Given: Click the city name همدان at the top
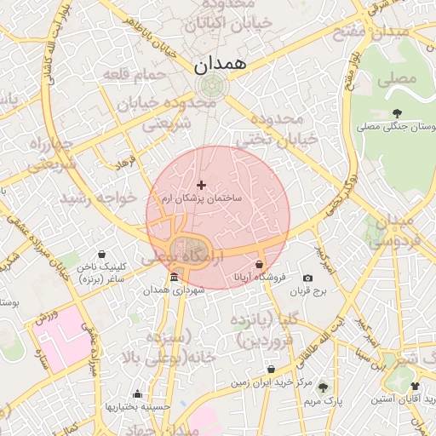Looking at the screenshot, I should pos(220,64).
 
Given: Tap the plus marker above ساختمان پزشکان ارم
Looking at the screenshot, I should pos(201,185).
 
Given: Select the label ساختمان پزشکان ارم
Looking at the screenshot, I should pos(202,198).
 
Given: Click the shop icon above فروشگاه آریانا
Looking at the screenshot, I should pos(260,265).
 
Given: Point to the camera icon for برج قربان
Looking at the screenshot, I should pos(308,278).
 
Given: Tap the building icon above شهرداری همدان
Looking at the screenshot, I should pos(174,278).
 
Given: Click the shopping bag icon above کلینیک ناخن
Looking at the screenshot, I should pos(103,254).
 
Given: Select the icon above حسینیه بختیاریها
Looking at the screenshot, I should pos(137,394).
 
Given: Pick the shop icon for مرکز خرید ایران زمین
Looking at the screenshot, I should pos(271,370).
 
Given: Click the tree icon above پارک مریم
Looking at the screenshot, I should pos(322,386).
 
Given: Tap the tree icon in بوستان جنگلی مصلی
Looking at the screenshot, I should pos(397,112).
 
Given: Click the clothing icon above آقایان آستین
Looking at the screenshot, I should pos(415,386).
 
